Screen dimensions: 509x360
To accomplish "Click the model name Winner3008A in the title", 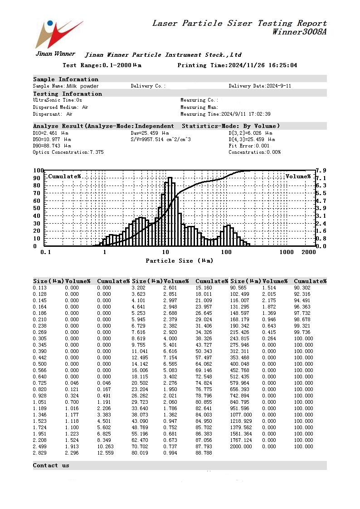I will pyautogui.click(x=299, y=32).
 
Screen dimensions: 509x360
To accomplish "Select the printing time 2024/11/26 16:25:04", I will pyautogui.click(x=263, y=65).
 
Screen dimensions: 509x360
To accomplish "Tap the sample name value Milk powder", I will pyautogui.click(x=83, y=86).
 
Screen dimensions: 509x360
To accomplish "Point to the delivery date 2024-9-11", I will pyautogui.click(x=279, y=86).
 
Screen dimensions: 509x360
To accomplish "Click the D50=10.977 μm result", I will pyautogui.click(x=52, y=139).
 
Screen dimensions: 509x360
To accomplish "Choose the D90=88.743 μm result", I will pyautogui.click(x=52, y=146).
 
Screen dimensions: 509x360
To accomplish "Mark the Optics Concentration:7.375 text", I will pyautogui.click(x=68, y=152).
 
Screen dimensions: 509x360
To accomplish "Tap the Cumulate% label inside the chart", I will pyautogui.click(x=64, y=176).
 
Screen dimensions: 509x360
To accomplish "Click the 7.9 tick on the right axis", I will pyautogui.click(x=321, y=171).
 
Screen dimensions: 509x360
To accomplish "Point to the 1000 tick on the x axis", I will pyautogui.click(x=287, y=252).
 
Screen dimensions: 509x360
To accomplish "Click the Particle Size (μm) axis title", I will pyautogui.click(x=179, y=260).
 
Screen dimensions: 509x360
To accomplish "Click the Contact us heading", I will pyautogui.click(x=51, y=465).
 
